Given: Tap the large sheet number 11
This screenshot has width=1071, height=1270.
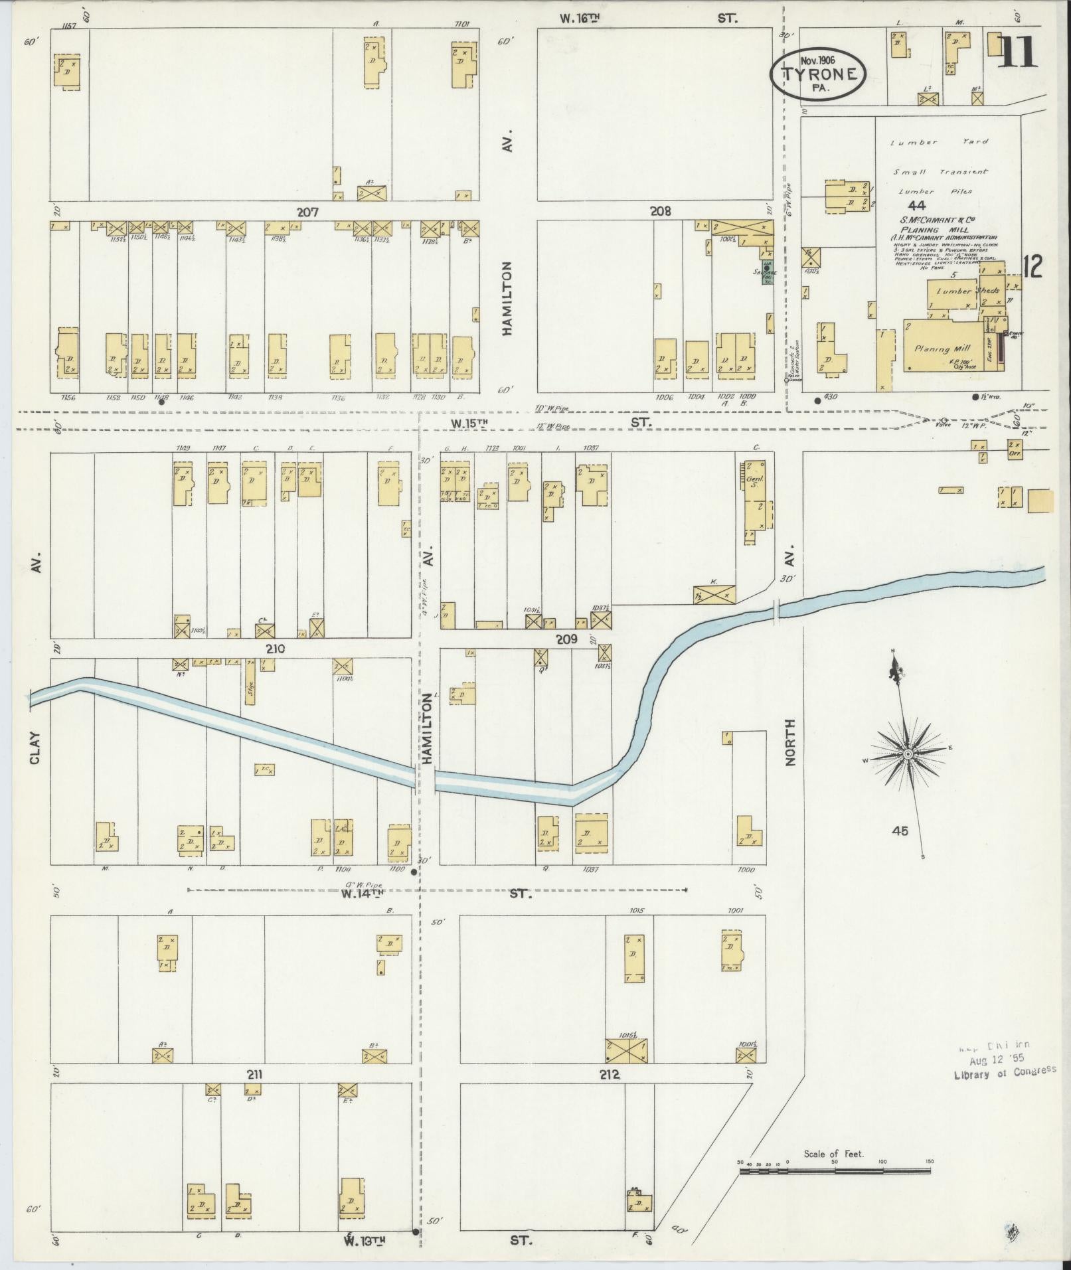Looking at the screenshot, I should coord(1017,52).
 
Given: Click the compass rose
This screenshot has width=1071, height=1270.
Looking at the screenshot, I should coord(907,755).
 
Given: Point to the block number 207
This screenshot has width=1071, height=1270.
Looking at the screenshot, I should coord(308,212).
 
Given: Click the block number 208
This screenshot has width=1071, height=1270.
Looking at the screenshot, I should coord(660,211).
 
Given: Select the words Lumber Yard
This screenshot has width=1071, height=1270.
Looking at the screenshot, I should coord(939,142).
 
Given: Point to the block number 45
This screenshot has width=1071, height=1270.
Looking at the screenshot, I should coord(900,831).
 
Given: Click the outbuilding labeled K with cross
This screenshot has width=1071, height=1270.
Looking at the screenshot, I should coord(714,594).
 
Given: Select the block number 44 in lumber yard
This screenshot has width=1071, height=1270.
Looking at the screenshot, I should coord(918,206).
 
